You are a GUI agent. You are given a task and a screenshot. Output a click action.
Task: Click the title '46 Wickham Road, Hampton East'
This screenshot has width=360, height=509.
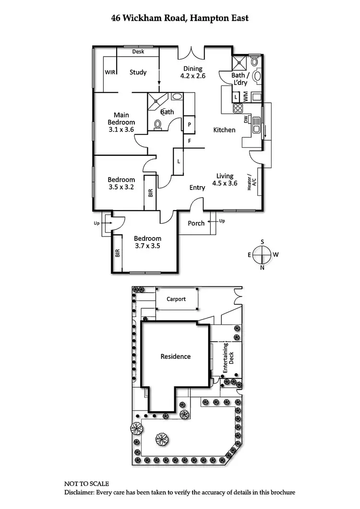pyautogui.click(x=180, y=19)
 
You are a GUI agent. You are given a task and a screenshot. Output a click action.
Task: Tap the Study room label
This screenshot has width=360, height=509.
pyautogui.click(x=138, y=72)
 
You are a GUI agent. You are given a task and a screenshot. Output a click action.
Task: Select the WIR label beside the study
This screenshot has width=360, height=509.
pyautogui.click(x=109, y=72)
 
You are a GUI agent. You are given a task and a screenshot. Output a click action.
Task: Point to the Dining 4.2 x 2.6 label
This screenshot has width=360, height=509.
pyautogui.click(x=192, y=72)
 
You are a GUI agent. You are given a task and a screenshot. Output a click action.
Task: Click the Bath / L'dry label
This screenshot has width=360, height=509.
pyautogui.click(x=240, y=79)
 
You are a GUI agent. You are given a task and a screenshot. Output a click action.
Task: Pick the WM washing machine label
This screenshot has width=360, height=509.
pyautogui.click(x=245, y=97)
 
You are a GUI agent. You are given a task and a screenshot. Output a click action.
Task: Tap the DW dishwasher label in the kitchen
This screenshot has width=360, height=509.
pyautogui.click(x=246, y=120)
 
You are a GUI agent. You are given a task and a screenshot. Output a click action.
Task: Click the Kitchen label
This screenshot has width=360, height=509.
pyautogui.click(x=224, y=130)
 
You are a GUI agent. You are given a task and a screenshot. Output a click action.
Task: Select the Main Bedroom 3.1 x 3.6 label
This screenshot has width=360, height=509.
pyautogui.click(x=121, y=122)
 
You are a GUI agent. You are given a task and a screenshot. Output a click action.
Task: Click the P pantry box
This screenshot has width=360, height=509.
pyautogui.click(x=190, y=124)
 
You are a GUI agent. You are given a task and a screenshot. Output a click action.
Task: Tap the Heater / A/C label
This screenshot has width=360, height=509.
pyautogui.click(x=252, y=182)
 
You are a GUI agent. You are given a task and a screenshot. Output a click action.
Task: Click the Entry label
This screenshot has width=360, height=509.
pyautogui.click(x=197, y=188)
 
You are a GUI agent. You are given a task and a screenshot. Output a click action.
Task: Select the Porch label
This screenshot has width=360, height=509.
pyautogui.click(x=196, y=223)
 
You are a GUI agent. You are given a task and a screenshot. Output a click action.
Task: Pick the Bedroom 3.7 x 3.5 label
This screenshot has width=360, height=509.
pyautogui.click(x=147, y=242)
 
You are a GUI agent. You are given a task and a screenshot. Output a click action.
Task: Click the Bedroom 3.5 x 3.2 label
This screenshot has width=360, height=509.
pyautogui.click(x=121, y=183)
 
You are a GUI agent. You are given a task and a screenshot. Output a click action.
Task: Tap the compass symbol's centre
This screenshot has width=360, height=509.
pyautogui.click(x=263, y=255)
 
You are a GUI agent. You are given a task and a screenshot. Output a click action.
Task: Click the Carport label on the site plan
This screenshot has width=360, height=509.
pyautogui.click(x=176, y=299)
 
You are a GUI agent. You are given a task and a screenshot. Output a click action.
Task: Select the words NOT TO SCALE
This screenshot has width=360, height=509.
pyautogui.click(x=87, y=484)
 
